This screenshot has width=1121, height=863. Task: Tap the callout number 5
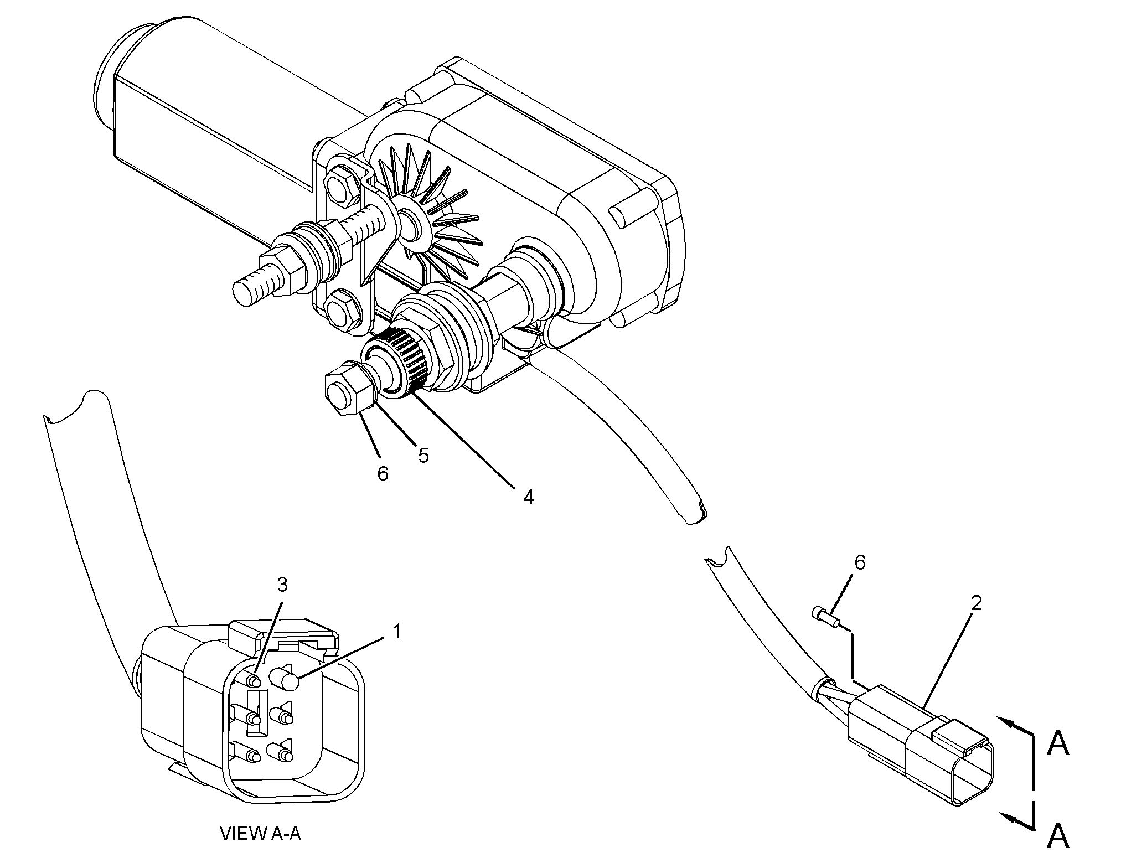click(x=423, y=456)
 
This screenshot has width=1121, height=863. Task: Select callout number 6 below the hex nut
click(x=383, y=474)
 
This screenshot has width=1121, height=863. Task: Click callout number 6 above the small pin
click(x=860, y=563)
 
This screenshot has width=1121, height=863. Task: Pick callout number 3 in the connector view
click(x=282, y=584)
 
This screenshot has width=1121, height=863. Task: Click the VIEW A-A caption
click(x=260, y=833)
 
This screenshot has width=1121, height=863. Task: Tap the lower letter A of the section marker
click(x=1058, y=836)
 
